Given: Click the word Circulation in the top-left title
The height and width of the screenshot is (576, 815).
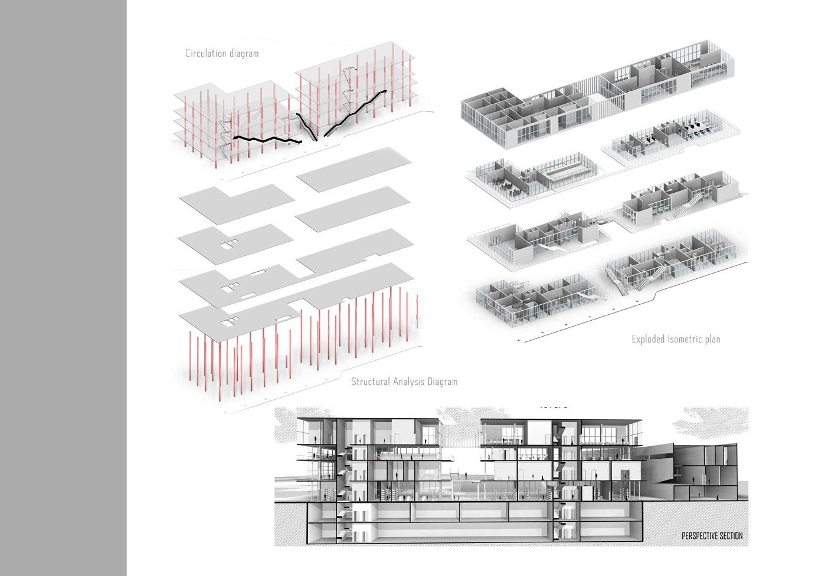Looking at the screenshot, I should (204, 53).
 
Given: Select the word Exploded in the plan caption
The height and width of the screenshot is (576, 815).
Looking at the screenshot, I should (648, 339).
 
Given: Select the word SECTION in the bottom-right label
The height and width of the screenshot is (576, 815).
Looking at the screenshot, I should (731, 536).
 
